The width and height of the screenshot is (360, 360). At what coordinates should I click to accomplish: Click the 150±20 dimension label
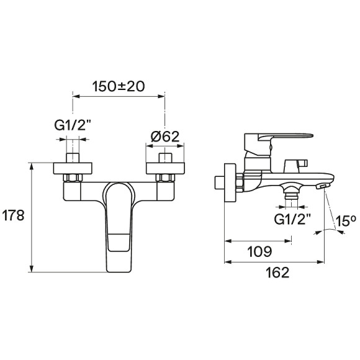pos(118,86)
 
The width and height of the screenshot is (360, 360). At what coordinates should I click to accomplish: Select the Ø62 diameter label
pos(164,137)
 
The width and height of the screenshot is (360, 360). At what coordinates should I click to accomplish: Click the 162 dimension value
pos(277,272)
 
